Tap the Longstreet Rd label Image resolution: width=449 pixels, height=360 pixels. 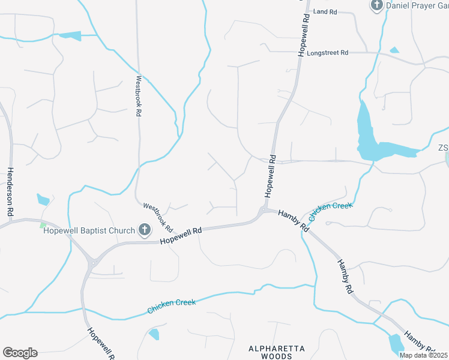pyautogui.click(x=327, y=53)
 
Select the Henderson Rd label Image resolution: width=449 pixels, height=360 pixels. pyautogui.click(x=10, y=192)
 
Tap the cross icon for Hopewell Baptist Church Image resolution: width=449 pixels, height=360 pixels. pyautogui.click(x=144, y=230)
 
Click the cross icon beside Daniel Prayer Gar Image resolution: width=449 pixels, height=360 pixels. pyautogui.click(x=376, y=5)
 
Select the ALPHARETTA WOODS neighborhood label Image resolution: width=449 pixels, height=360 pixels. pyautogui.click(x=277, y=352)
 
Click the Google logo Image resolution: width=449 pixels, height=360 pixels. pyautogui.click(x=20, y=353)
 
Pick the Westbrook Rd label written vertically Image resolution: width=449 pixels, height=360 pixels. pyautogui.click(x=138, y=95)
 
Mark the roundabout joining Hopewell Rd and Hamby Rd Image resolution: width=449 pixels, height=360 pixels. pyautogui.click(x=262, y=211)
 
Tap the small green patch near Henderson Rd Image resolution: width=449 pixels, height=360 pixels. pyautogui.click(x=43, y=225)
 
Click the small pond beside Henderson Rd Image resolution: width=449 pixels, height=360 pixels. pyautogui.click(x=43, y=199)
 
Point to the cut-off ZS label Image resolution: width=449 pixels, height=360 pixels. pyautogui.click(x=443, y=148)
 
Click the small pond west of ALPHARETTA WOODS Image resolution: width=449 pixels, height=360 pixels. pyautogui.click(x=154, y=334)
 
